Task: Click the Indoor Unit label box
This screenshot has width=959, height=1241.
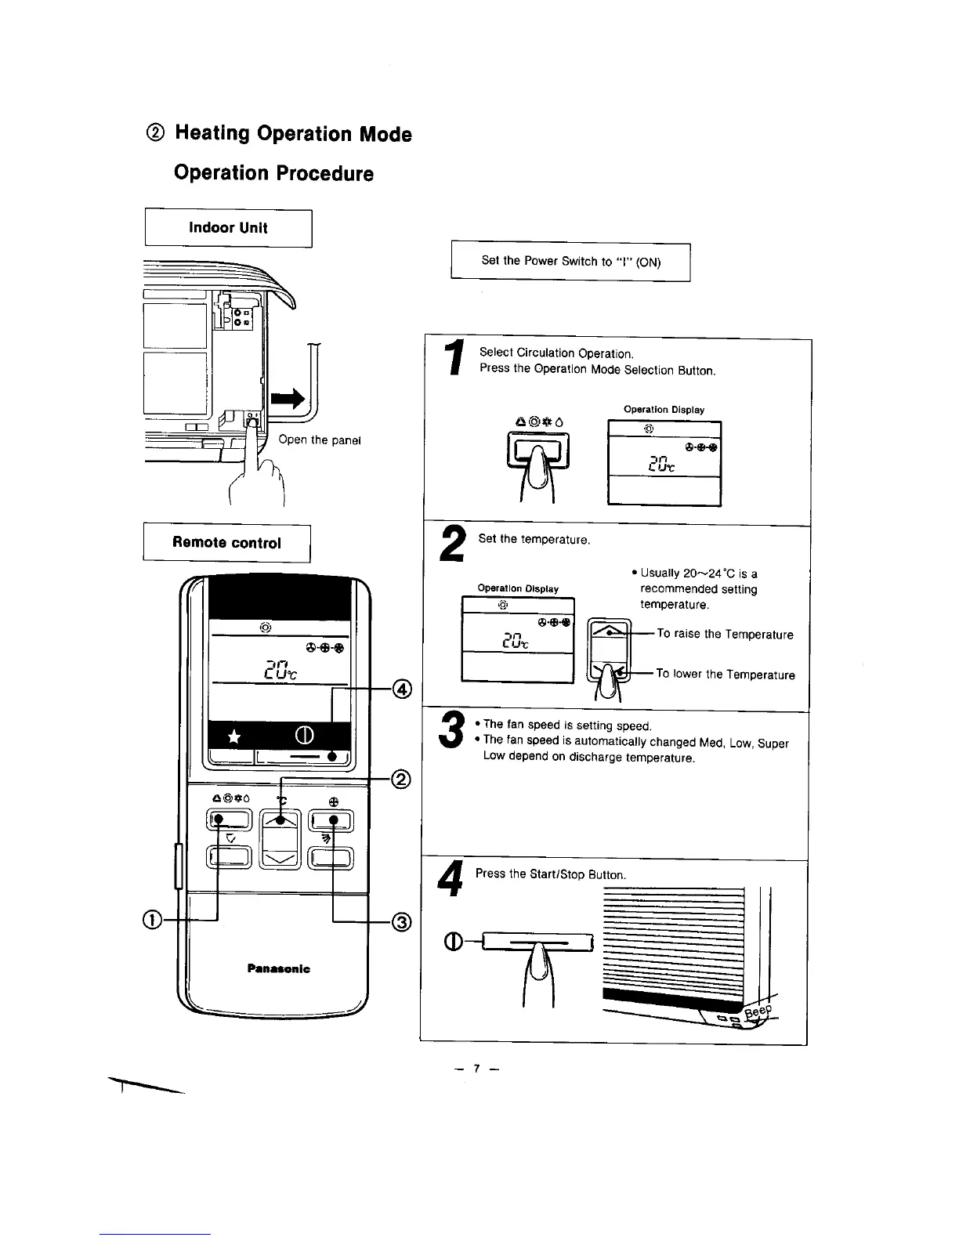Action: (228, 228)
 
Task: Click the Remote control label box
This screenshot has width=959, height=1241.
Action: (226, 543)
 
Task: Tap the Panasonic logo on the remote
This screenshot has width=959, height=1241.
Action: (278, 969)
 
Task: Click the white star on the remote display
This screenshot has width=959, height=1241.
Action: (233, 736)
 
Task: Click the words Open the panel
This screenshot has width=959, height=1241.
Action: (319, 440)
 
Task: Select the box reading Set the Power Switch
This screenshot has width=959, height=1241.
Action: (570, 262)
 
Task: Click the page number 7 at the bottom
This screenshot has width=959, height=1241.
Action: (475, 1069)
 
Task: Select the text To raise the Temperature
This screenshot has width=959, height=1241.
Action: (725, 634)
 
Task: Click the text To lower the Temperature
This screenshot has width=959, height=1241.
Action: (726, 675)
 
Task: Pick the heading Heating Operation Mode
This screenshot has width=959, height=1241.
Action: (293, 134)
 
